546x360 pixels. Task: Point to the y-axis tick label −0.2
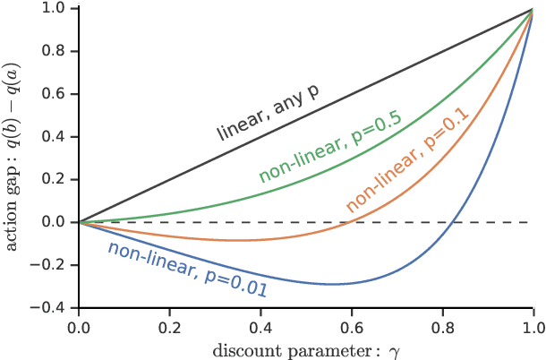tap(53, 264)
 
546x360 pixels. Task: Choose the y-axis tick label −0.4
tap(53, 307)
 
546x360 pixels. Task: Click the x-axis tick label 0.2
tap(169, 327)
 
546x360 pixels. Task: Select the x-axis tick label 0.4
tap(260, 327)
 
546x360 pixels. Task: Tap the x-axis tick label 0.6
tap(352, 327)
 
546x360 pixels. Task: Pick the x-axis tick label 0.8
tap(443, 327)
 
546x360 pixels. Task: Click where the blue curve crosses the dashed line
tap(455, 222)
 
